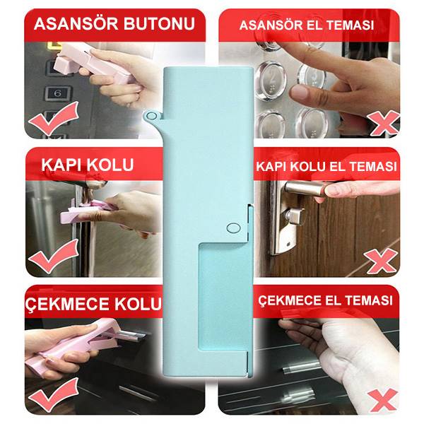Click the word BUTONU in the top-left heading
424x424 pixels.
click(160, 24)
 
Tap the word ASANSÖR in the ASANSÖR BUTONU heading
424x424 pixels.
click(76, 24)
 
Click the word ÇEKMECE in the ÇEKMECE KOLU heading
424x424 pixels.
click(67, 304)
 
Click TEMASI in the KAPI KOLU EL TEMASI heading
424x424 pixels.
click(376, 166)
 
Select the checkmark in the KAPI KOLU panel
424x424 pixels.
click(53, 257)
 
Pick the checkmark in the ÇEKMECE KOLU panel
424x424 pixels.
click(54, 395)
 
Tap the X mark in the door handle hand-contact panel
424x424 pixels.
click(381, 261)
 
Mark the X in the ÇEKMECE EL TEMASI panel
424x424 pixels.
click(384, 400)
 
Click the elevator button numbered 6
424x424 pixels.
click(58, 93)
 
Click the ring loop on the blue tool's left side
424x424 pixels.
click(151, 117)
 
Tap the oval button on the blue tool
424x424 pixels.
click(233, 228)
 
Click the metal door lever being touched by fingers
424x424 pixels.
click(308, 189)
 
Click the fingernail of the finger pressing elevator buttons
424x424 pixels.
click(300, 92)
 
